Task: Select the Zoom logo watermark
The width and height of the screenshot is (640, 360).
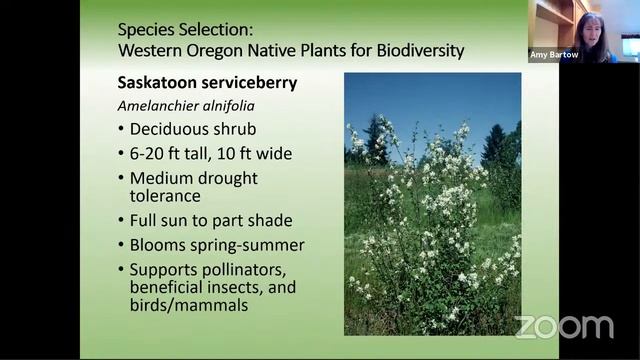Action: tap(564, 326)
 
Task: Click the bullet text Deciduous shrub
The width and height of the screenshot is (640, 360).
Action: tap(193, 130)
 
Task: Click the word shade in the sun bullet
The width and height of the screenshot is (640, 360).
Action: tap(271, 220)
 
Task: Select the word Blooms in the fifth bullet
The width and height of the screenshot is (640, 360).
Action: tap(158, 245)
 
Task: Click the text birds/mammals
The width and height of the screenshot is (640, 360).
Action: tap(186, 305)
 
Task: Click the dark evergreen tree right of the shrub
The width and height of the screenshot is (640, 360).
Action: tap(495, 150)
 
